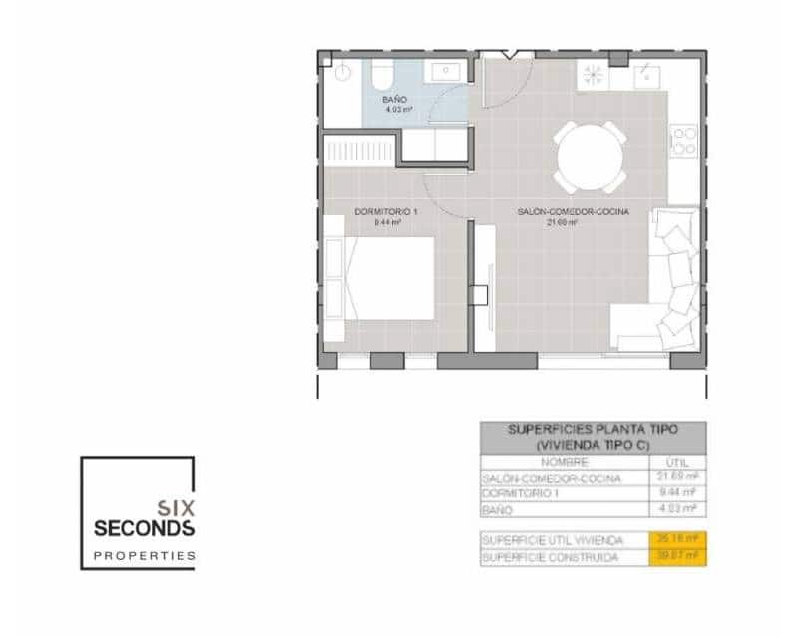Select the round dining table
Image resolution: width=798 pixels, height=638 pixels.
pyautogui.click(x=593, y=157)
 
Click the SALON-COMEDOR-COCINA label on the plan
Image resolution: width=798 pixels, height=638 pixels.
pyautogui.click(x=574, y=211)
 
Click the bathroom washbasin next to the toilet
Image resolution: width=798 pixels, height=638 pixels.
pyautogui.click(x=442, y=72)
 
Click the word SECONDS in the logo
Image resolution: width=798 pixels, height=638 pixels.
pyautogui.click(x=144, y=526)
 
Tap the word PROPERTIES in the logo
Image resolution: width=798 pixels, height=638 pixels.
pyautogui.click(x=144, y=555)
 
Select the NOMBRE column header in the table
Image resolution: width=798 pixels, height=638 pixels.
pyautogui.click(x=564, y=462)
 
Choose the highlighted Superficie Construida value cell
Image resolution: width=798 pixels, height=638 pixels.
pyautogui.click(x=677, y=557)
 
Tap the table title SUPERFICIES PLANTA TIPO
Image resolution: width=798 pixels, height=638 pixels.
pyautogui.click(x=593, y=429)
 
